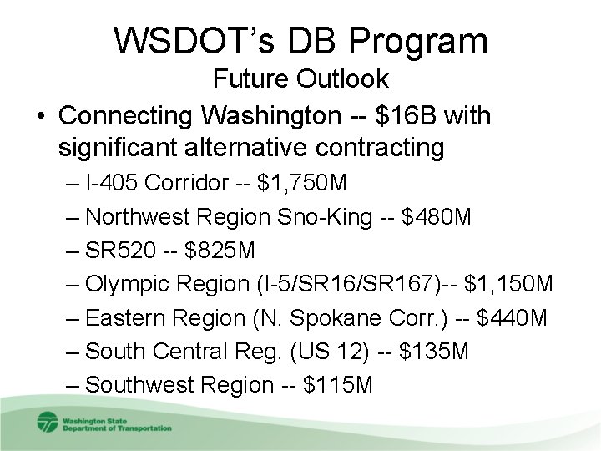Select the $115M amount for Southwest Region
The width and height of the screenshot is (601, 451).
338,385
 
